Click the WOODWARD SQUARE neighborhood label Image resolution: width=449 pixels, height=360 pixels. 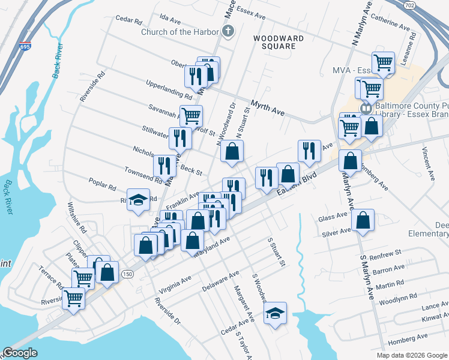(x=278, y=42)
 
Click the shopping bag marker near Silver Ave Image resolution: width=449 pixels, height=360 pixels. (x=363, y=220)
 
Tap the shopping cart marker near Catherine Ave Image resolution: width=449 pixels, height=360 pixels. (x=383, y=62)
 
